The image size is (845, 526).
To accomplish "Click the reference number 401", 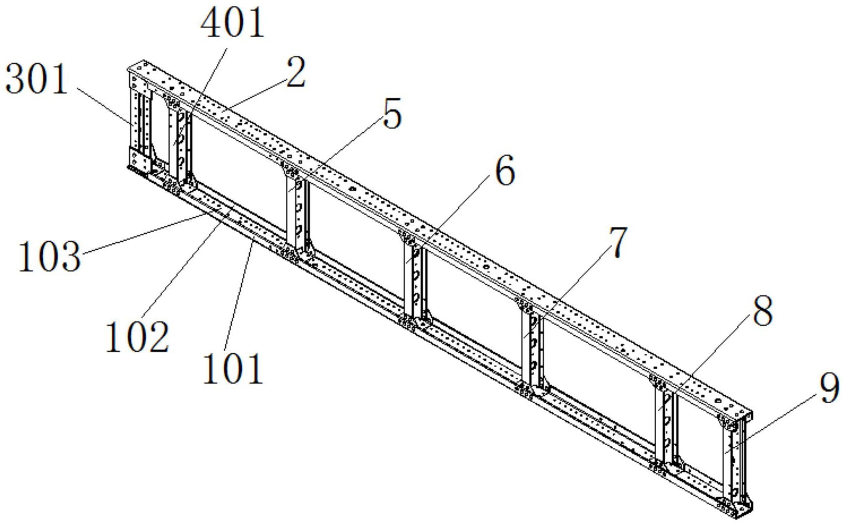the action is tap(232, 23).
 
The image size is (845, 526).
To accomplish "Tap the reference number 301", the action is tap(37, 79).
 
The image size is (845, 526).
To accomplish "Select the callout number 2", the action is tap(295, 72).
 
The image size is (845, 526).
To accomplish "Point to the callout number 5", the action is tap(392, 114).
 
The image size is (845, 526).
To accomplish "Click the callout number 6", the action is tap(505, 170).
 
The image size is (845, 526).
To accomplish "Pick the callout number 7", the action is tap(618, 242).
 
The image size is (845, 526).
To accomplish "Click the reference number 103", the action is tap(49, 256).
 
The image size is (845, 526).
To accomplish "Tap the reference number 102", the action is tap(137, 337).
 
